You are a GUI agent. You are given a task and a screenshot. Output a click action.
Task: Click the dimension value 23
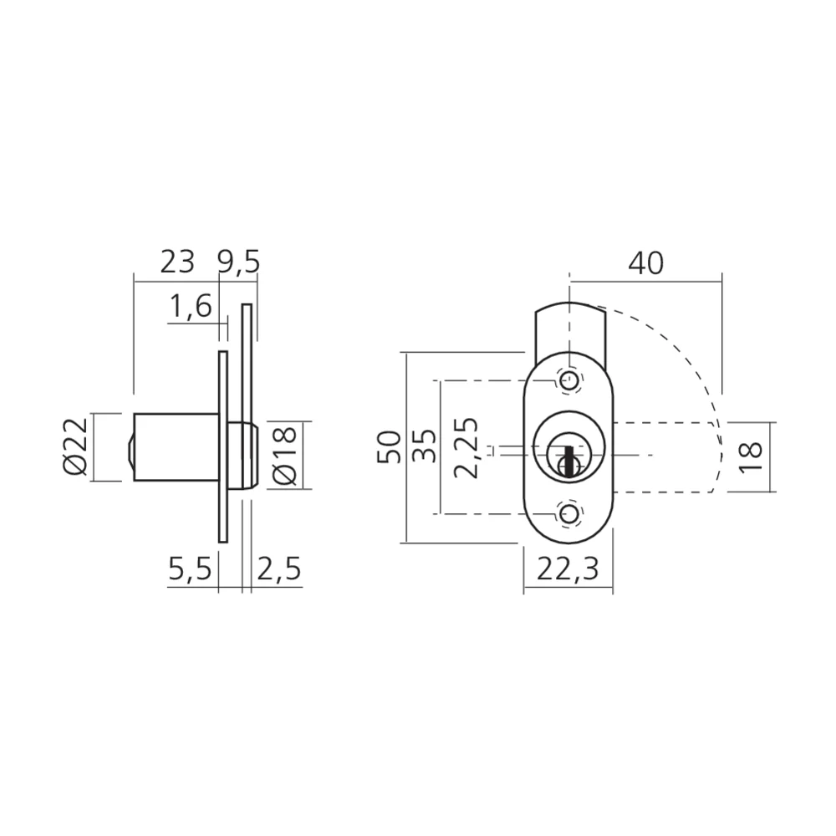(x=176, y=263)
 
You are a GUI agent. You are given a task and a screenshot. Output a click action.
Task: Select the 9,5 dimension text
(x=238, y=263)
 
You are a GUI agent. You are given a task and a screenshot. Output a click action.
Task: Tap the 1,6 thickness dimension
(x=191, y=308)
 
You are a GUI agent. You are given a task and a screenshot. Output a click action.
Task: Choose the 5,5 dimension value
(x=190, y=570)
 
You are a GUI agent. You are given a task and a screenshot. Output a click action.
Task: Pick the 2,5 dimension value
(x=278, y=570)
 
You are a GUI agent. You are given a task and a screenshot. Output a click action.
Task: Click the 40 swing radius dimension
(x=645, y=263)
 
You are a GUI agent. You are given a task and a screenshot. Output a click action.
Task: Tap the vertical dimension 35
(x=424, y=448)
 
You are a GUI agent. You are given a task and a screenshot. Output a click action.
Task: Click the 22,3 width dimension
(x=568, y=570)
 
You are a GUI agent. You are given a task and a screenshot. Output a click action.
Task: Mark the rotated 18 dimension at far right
(x=752, y=458)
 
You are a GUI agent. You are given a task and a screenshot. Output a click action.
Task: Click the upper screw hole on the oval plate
(x=568, y=381)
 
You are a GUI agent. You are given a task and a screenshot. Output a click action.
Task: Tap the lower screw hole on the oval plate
(x=568, y=514)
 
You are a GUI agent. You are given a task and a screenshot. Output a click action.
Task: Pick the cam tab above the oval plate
(x=568, y=326)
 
